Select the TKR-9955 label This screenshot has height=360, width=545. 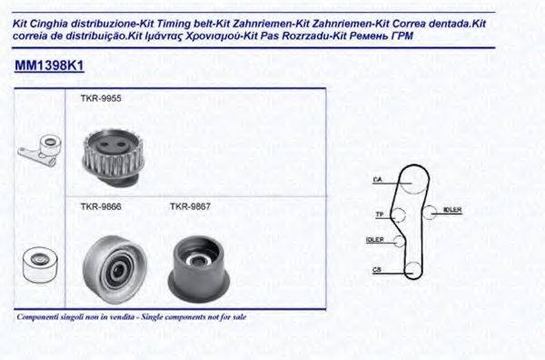(100, 98)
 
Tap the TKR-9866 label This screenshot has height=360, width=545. (100, 206)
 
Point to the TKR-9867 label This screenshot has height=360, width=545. (190, 206)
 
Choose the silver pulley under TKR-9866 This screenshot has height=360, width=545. (114, 266)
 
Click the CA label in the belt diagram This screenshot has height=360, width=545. (376, 179)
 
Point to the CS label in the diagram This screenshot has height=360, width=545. (376, 270)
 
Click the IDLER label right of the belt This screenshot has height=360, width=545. (451, 210)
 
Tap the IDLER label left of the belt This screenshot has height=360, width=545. (373, 239)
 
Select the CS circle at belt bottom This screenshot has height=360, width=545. (411, 270)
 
